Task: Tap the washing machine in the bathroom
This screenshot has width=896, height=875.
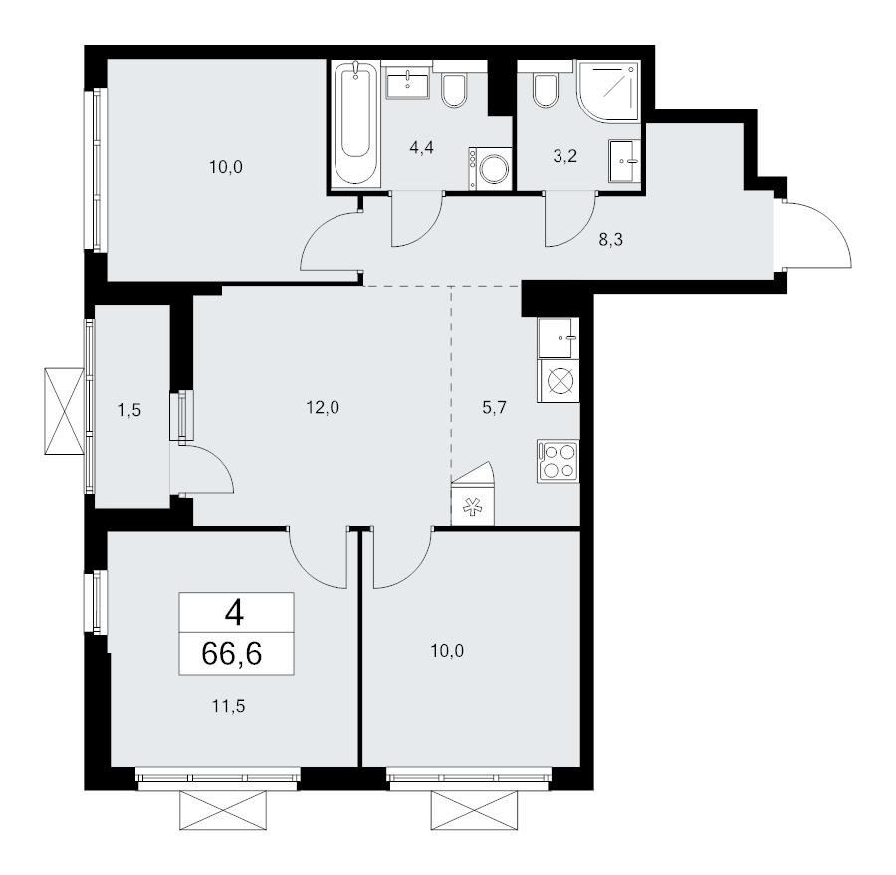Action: click(x=489, y=168)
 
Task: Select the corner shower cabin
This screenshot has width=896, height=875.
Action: click(x=607, y=91)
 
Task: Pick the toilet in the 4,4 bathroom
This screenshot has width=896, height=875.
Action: click(x=454, y=90)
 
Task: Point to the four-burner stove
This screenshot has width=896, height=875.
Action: click(x=559, y=461)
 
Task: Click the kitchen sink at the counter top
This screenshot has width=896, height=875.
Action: click(x=559, y=337)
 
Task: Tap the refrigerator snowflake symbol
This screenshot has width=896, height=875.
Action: click(x=472, y=506)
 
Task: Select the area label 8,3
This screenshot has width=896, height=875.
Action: click(x=610, y=240)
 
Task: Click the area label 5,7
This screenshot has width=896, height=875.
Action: click(x=494, y=408)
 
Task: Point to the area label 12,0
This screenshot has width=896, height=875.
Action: click(x=323, y=407)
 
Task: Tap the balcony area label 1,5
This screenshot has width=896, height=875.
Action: click(x=129, y=410)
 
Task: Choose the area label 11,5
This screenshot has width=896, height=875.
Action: click(x=229, y=707)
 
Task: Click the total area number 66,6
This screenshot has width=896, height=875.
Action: click(x=231, y=654)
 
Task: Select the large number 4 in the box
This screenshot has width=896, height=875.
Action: click(x=234, y=614)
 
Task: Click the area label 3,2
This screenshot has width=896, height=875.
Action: click(x=564, y=156)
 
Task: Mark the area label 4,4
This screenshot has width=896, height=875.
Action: click(x=422, y=148)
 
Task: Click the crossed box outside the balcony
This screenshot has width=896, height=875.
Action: click(x=64, y=411)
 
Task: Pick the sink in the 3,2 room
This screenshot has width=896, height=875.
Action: click(x=624, y=161)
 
